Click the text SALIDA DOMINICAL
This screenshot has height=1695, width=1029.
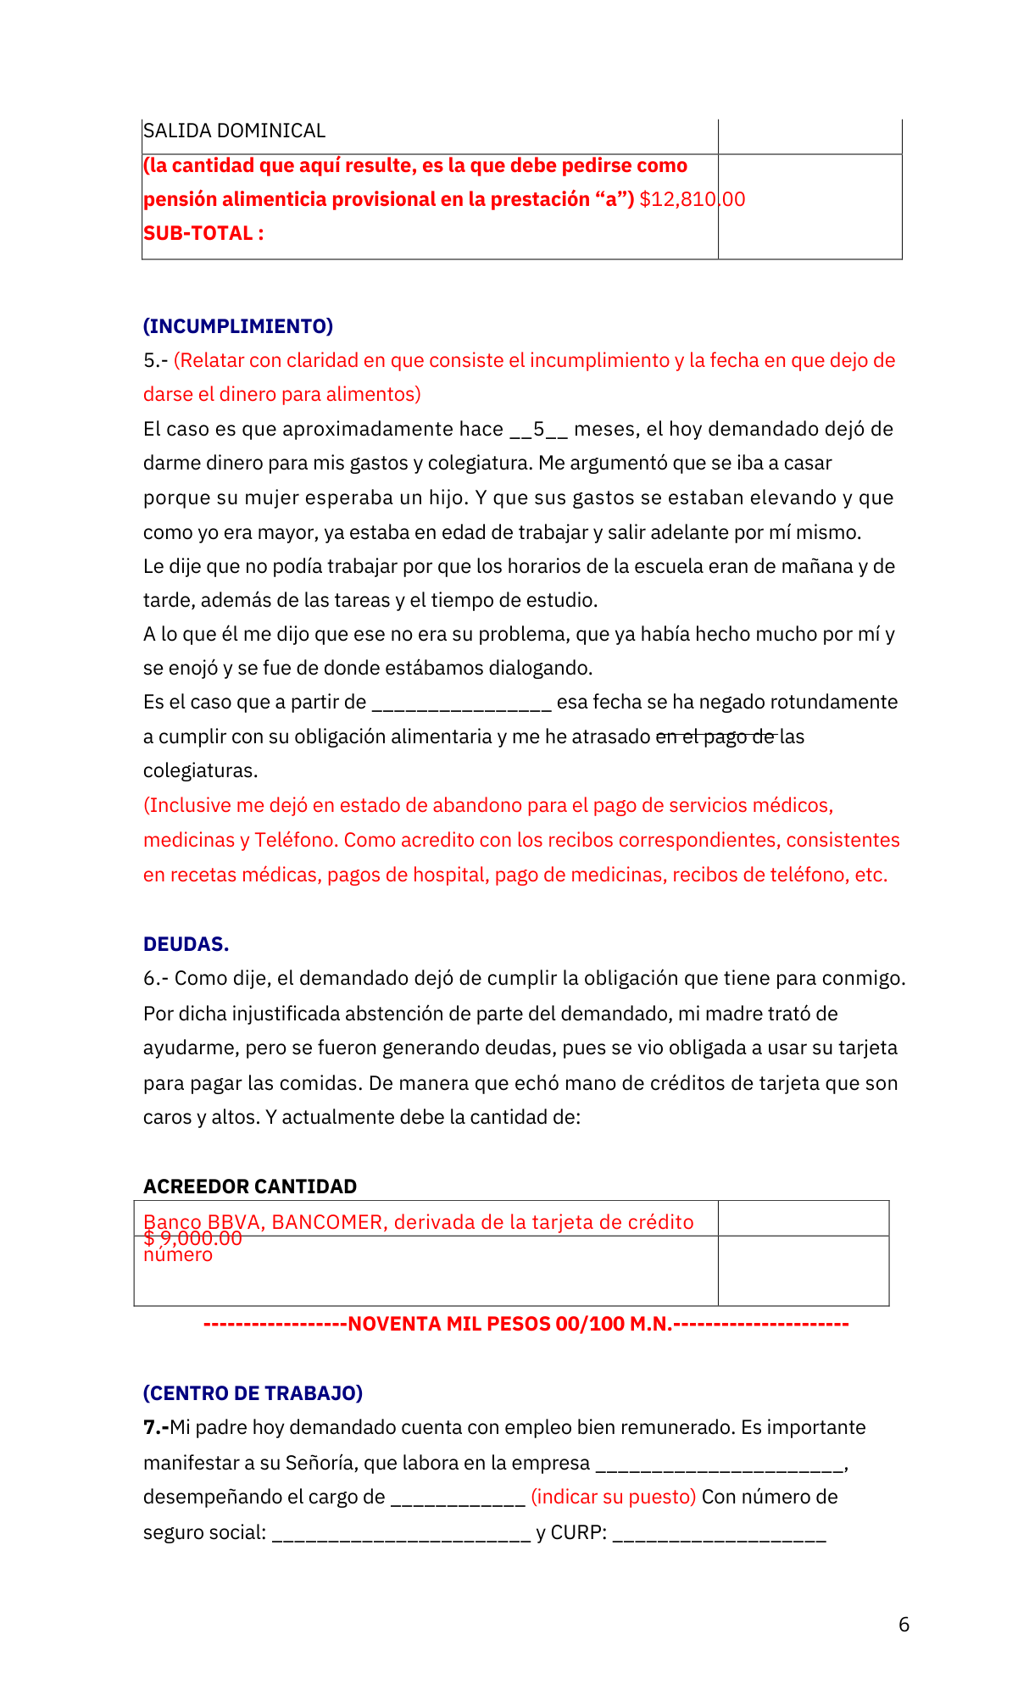point(234,131)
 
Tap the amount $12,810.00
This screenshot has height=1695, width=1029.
point(692,199)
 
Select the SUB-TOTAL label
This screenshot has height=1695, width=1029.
point(203,233)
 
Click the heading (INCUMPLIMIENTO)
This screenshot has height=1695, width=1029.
point(238,326)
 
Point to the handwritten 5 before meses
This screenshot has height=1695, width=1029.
point(539,429)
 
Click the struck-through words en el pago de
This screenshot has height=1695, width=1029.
point(716,736)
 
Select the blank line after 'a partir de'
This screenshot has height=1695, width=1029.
point(462,703)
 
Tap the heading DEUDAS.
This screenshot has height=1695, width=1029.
point(186,944)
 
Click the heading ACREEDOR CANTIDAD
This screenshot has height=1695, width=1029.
point(250,1186)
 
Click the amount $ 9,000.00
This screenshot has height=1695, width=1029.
point(192,1238)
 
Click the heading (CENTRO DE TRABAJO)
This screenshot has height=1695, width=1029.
point(253,1393)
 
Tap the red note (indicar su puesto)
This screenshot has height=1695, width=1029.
point(613,1497)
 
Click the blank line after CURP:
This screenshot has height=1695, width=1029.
point(719,1534)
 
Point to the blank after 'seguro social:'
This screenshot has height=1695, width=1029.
point(401,1534)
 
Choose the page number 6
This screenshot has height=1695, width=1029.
point(904,1625)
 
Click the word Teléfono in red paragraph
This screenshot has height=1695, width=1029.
point(293,840)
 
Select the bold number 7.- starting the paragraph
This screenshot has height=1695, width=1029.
point(155,1427)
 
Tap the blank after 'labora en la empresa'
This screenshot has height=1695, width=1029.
point(720,1464)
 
